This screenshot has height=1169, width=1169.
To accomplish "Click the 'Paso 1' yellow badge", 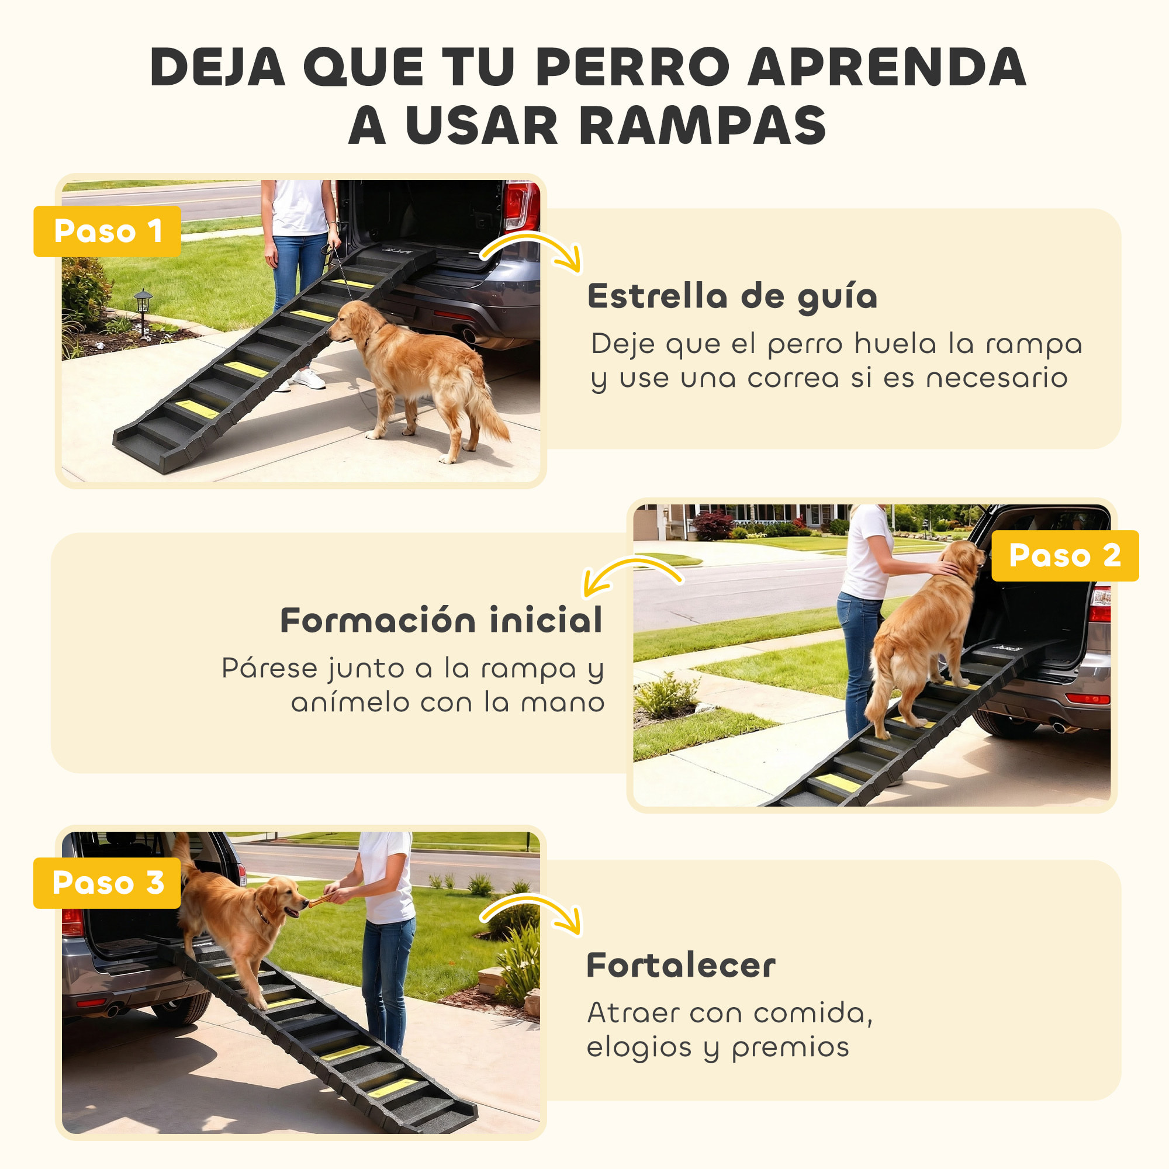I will click(x=107, y=231).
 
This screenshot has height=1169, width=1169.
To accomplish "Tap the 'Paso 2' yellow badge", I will click(x=1064, y=555).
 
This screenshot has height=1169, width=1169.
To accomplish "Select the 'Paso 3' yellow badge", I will click(x=107, y=883).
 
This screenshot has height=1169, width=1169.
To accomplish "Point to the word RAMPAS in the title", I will click(x=703, y=126).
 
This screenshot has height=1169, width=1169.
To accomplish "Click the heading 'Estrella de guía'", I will click(x=732, y=296).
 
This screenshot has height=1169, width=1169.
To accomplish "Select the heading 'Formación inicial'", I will click(x=441, y=620).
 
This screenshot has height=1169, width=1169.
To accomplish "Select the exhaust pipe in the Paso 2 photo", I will click(x=1060, y=727).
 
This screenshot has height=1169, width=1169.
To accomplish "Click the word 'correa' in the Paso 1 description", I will click(x=793, y=379).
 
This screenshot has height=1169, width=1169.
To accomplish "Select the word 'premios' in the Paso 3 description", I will click(x=790, y=1047).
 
